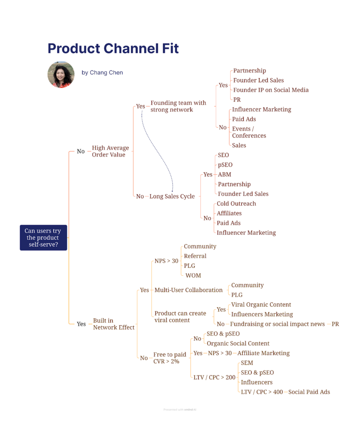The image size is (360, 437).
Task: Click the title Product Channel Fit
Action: (x=113, y=48)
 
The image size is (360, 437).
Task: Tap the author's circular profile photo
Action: (x=61, y=74)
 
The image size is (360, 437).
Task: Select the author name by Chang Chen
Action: (x=102, y=73)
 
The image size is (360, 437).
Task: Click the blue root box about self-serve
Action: (x=43, y=238)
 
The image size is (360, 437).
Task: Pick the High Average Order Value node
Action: (x=110, y=151)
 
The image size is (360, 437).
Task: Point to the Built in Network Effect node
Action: (x=113, y=324)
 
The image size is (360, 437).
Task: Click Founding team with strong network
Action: (x=178, y=106)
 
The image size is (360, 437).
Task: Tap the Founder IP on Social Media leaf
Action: (x=270, y=90)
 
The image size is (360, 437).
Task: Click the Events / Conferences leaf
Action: (x=249, y=132)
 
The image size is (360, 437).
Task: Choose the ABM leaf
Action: (x=224, y=175)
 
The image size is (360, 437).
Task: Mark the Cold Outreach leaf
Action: (x=236, y=204)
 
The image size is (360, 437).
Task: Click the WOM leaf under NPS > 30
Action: (x=193, y=275)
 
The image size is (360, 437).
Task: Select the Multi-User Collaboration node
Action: (x=188, y=290)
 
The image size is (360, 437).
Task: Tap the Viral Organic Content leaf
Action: (x=261, y=305)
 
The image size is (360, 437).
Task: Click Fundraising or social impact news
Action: (x=277, y=324)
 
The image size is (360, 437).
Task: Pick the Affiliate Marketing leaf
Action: (x=263, y=353)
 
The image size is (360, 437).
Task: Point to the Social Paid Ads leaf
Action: (x=309, y=392)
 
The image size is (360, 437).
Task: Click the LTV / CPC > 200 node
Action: (x=214, y=377)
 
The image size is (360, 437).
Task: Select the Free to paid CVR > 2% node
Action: (x=169, y=358)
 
